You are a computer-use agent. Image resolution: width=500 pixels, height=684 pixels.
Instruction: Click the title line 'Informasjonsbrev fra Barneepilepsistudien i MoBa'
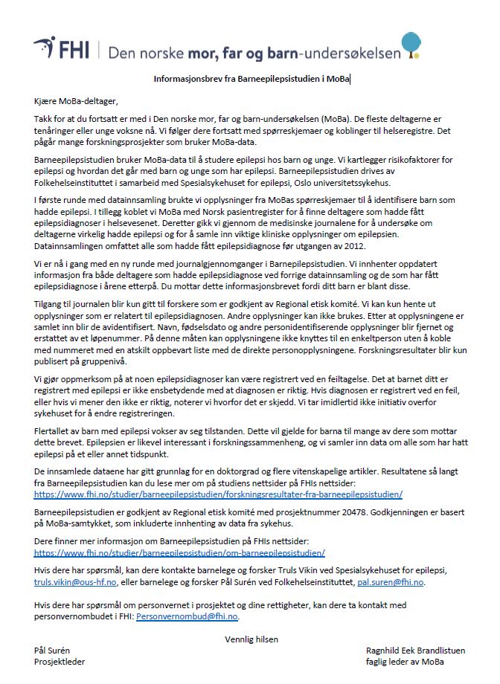[251, 78]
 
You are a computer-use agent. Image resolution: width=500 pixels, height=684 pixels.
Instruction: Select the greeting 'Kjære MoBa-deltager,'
[76, 101]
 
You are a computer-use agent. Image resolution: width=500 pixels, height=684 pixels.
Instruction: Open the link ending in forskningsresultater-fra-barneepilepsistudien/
[218, 494]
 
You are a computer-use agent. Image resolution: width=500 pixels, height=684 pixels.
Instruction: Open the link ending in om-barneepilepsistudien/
[179, 553]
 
